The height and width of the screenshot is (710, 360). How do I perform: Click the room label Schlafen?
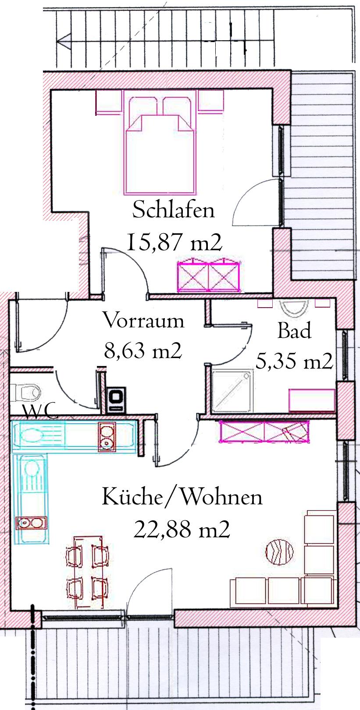tap(173, 209)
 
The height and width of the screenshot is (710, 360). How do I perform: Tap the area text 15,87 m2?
tap(174, 242)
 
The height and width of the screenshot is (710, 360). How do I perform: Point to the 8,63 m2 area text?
tap(143, 351)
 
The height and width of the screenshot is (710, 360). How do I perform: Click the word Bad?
tap(294, 330)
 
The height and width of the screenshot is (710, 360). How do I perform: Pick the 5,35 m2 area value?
tap(294, 361)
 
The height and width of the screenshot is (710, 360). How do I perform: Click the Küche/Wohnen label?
tap(182, 497)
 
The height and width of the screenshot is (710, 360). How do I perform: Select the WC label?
tap(40, 412)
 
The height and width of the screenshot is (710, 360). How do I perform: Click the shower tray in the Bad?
tap(232, 390)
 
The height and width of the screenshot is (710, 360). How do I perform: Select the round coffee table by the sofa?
tap(279, 552)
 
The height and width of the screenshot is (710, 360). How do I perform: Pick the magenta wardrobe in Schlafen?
tap(208, 275)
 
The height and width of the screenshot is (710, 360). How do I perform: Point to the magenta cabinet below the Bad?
tap(264, 431)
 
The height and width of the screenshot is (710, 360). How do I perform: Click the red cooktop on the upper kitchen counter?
tap(106, 437)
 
